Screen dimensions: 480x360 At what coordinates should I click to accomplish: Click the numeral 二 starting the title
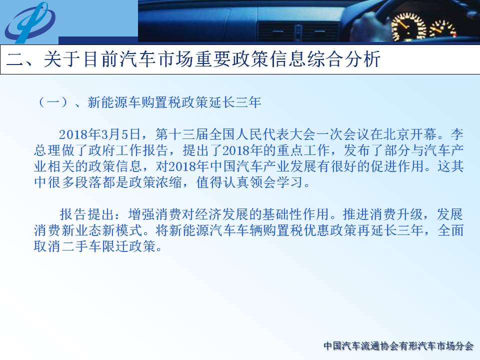(x=15, y=59)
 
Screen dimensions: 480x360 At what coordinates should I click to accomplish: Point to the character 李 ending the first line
(x=456, y=134)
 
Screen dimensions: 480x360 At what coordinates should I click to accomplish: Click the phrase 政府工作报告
(x=128, y=150)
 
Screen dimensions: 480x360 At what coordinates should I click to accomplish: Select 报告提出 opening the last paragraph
(x=86, y=214)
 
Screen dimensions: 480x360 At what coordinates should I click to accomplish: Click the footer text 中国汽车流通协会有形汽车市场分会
(x=398, y=346)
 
